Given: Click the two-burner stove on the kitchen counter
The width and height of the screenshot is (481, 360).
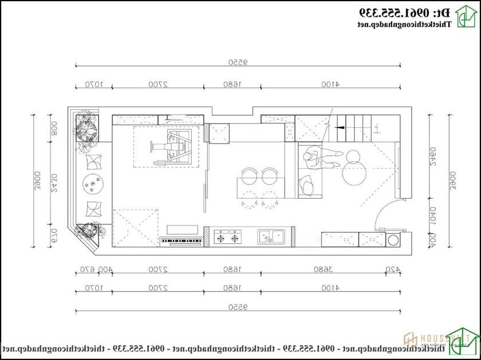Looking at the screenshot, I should coord(227,237).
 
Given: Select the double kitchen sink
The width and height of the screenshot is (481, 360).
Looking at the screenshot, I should coord(271,236).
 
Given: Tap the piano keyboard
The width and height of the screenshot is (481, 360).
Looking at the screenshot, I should coord(183,241).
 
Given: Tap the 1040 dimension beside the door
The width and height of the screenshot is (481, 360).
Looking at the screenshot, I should coord(432,215).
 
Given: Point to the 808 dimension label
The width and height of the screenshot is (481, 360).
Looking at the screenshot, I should coord(54,128).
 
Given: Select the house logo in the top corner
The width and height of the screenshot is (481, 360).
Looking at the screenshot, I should coord(464,17).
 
